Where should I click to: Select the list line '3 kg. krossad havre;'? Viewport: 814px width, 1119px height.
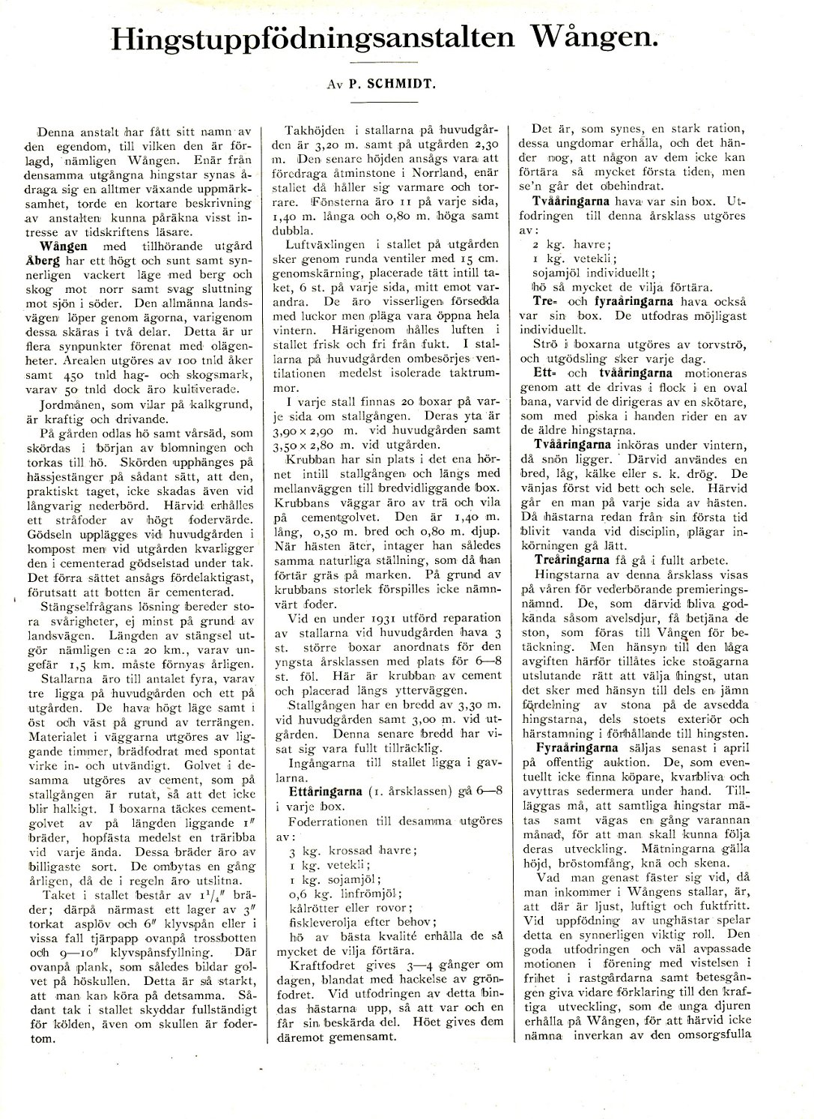coord(352,850)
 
